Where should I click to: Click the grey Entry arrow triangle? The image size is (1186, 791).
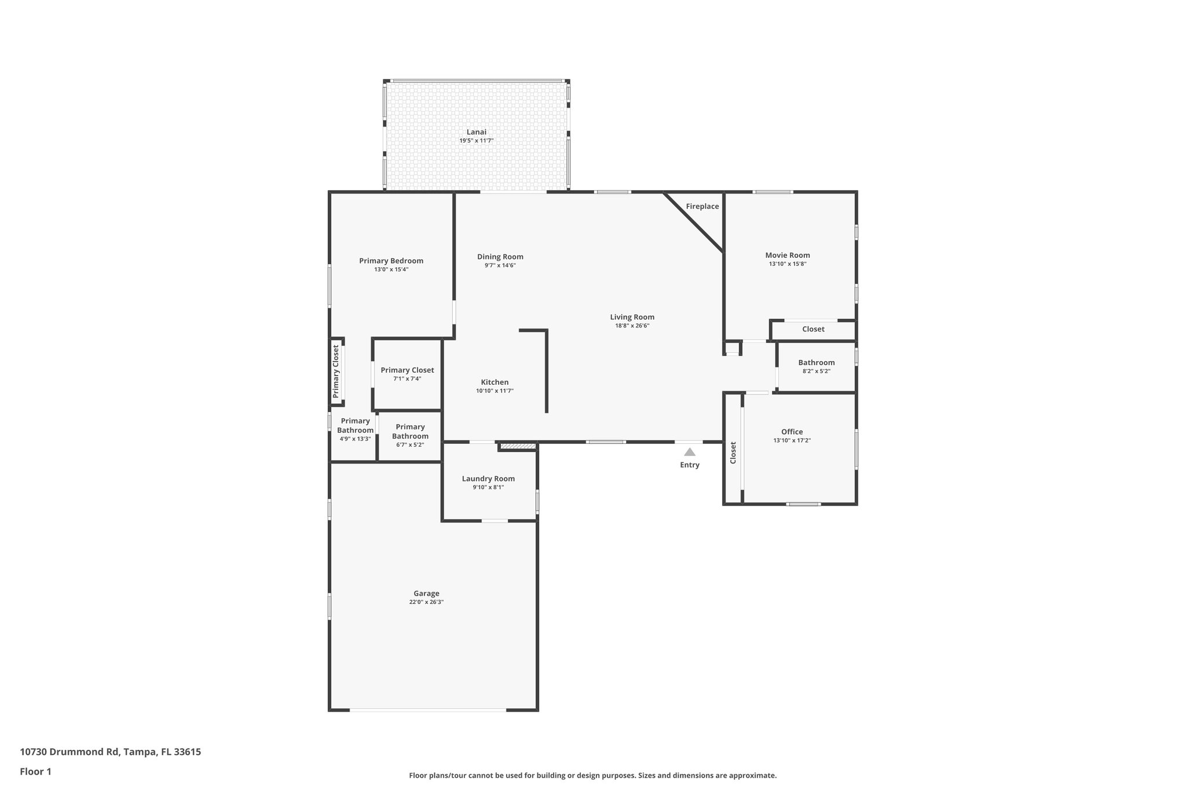(689, 452)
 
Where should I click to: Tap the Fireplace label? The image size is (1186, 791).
(702, 206)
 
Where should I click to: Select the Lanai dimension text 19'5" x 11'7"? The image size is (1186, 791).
(476, 141)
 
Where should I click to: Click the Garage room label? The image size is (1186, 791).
(426, 593)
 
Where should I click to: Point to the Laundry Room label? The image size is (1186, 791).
(488, 479)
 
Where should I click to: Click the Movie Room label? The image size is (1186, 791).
(787, 255)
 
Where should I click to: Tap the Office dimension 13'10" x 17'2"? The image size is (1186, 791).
(792, 440)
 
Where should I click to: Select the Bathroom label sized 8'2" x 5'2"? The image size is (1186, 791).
(816, 363)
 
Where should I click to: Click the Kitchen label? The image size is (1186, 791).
(495, 382)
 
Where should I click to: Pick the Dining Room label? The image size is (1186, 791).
(500, 257)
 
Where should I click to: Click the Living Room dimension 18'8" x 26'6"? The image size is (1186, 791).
(632, 326)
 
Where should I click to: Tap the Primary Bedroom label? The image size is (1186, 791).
(391, 261)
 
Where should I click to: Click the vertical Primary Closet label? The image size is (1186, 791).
(336, 371)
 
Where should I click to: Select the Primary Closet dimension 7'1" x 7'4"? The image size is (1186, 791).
(407, 379)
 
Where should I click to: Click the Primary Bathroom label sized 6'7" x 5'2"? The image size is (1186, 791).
(410, 432)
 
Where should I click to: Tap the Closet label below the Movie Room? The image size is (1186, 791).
(812, 329)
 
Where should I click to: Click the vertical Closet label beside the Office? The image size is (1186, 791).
(733, 453)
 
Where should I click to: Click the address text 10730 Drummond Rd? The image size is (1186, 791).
(69, 752)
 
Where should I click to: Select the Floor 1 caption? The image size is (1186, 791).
(35, 771)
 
